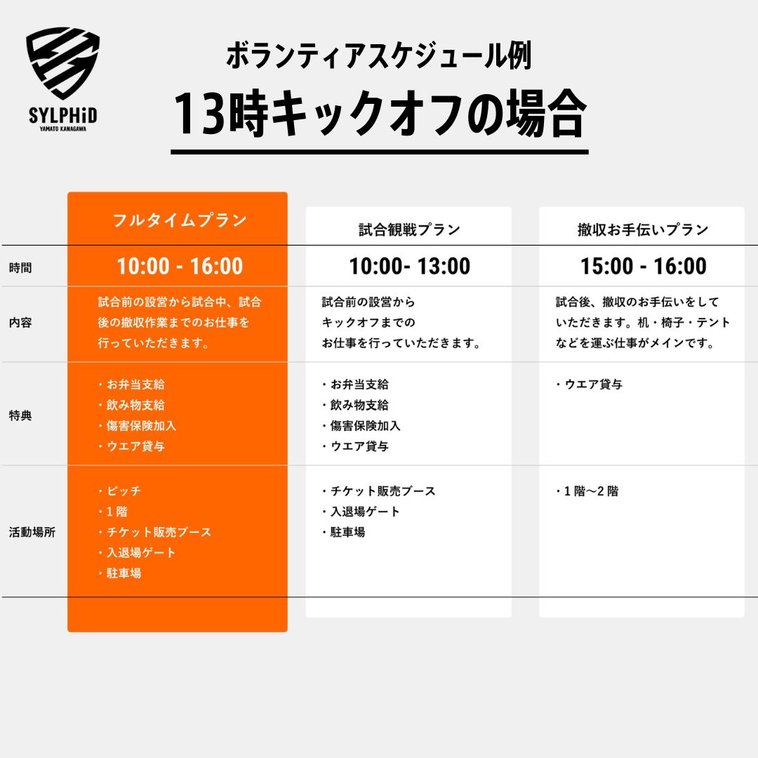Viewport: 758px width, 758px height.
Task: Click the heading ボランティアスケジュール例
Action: click(x=379, y=56)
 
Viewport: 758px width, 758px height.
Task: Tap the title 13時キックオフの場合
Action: click(x=380, y=114)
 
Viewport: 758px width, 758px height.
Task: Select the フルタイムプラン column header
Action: click(x=180, y=220)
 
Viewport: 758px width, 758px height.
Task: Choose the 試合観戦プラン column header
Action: click(x=409, y=230)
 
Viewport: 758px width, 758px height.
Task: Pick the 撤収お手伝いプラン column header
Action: click(x=643, y=230)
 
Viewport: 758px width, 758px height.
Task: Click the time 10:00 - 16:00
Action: click(x=180, y=267)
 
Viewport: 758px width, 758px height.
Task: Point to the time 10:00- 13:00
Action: click(x=409, y=267)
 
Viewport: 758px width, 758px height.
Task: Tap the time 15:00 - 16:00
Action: click(x=644, y=267)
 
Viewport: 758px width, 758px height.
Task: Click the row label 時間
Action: click(x=20, y=268)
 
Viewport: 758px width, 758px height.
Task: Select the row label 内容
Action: click(x=20, y=322)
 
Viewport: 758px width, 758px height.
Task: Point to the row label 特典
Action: click(x=20, y=415)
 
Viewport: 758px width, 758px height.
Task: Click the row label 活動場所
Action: click(x=32, y=532)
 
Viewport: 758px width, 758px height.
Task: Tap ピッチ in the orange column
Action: click(x=124, y=491)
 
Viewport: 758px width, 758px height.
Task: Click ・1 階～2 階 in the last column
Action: click(x=586, y=491)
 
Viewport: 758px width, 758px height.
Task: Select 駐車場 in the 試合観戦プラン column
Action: click(x=347, y=532)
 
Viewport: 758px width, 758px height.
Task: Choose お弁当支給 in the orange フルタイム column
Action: click(x=135, y=385)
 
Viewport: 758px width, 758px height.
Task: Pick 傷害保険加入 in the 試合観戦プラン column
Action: click(x=365, y=426)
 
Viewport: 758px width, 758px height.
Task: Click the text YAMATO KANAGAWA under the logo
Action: click(x=63, y=129)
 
